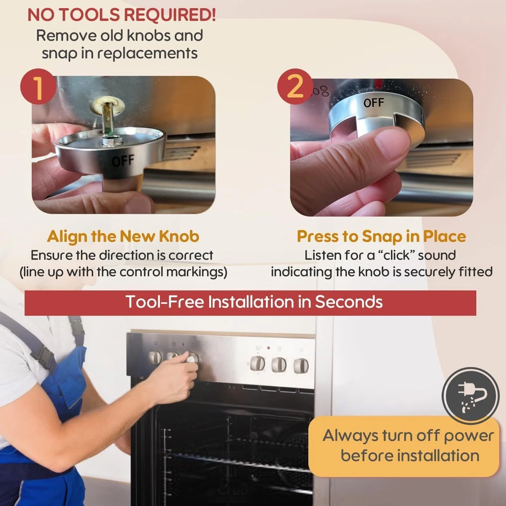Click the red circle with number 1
pyautogui.click(x=38, y=86)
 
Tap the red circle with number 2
pyautogui.click(x=295, y=86)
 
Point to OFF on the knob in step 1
pyautogui.click(x=123, y=160)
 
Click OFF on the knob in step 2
pyautogui.click(x=374, y=103)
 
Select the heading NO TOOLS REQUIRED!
pyautogui.click(x=121, y=15)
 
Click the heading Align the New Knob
pyautogui.click(x=123, y=236)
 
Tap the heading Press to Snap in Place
pyautogui.click(x=381, y=236)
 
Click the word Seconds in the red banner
pyautogui.click(x=349, y=302)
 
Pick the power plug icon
pyautogui.click(x=471, y=396)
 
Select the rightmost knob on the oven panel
pyautogui.click(x=301, y=366)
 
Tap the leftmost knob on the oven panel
pyautogui.click(x=155, y=358)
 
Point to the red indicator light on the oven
pyautogui.click(x=269, y=348)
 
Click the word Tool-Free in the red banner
pyautogui.click(x=165, y=302)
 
